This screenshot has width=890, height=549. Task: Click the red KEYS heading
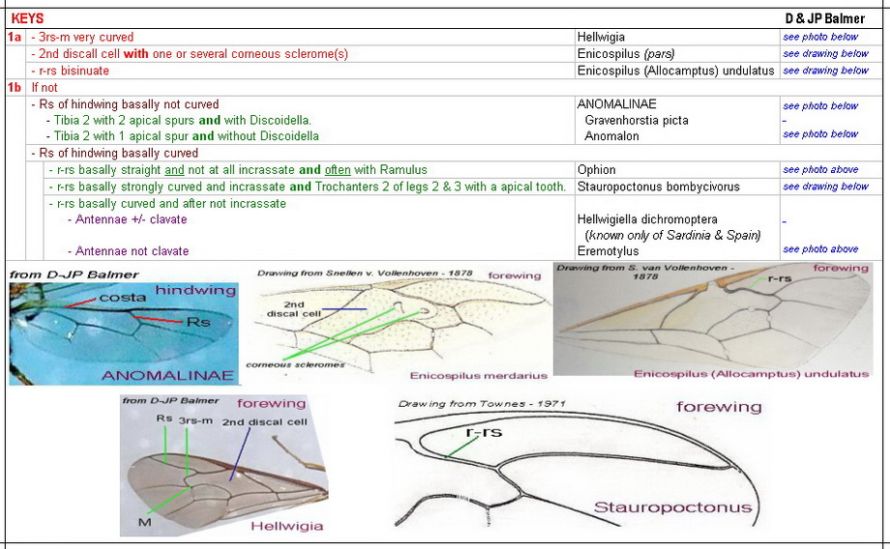(27, 18)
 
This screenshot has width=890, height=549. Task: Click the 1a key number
(15, 37)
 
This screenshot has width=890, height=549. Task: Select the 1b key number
(15, 87)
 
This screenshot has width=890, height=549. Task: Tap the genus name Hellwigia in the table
(602, 37)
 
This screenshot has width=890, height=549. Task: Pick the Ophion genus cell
(596, 170)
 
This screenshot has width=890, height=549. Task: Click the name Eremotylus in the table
(608, 251)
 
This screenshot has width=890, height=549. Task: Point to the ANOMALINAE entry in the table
(615, 104)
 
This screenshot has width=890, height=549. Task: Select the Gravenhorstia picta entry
(636, 120)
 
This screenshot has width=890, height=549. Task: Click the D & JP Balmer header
(824, 18)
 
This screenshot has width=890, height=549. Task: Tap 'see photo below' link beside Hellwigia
(820, 37)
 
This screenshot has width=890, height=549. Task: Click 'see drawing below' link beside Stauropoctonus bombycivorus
(825, 187)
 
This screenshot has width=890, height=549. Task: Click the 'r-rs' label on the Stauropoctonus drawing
(485, 432)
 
